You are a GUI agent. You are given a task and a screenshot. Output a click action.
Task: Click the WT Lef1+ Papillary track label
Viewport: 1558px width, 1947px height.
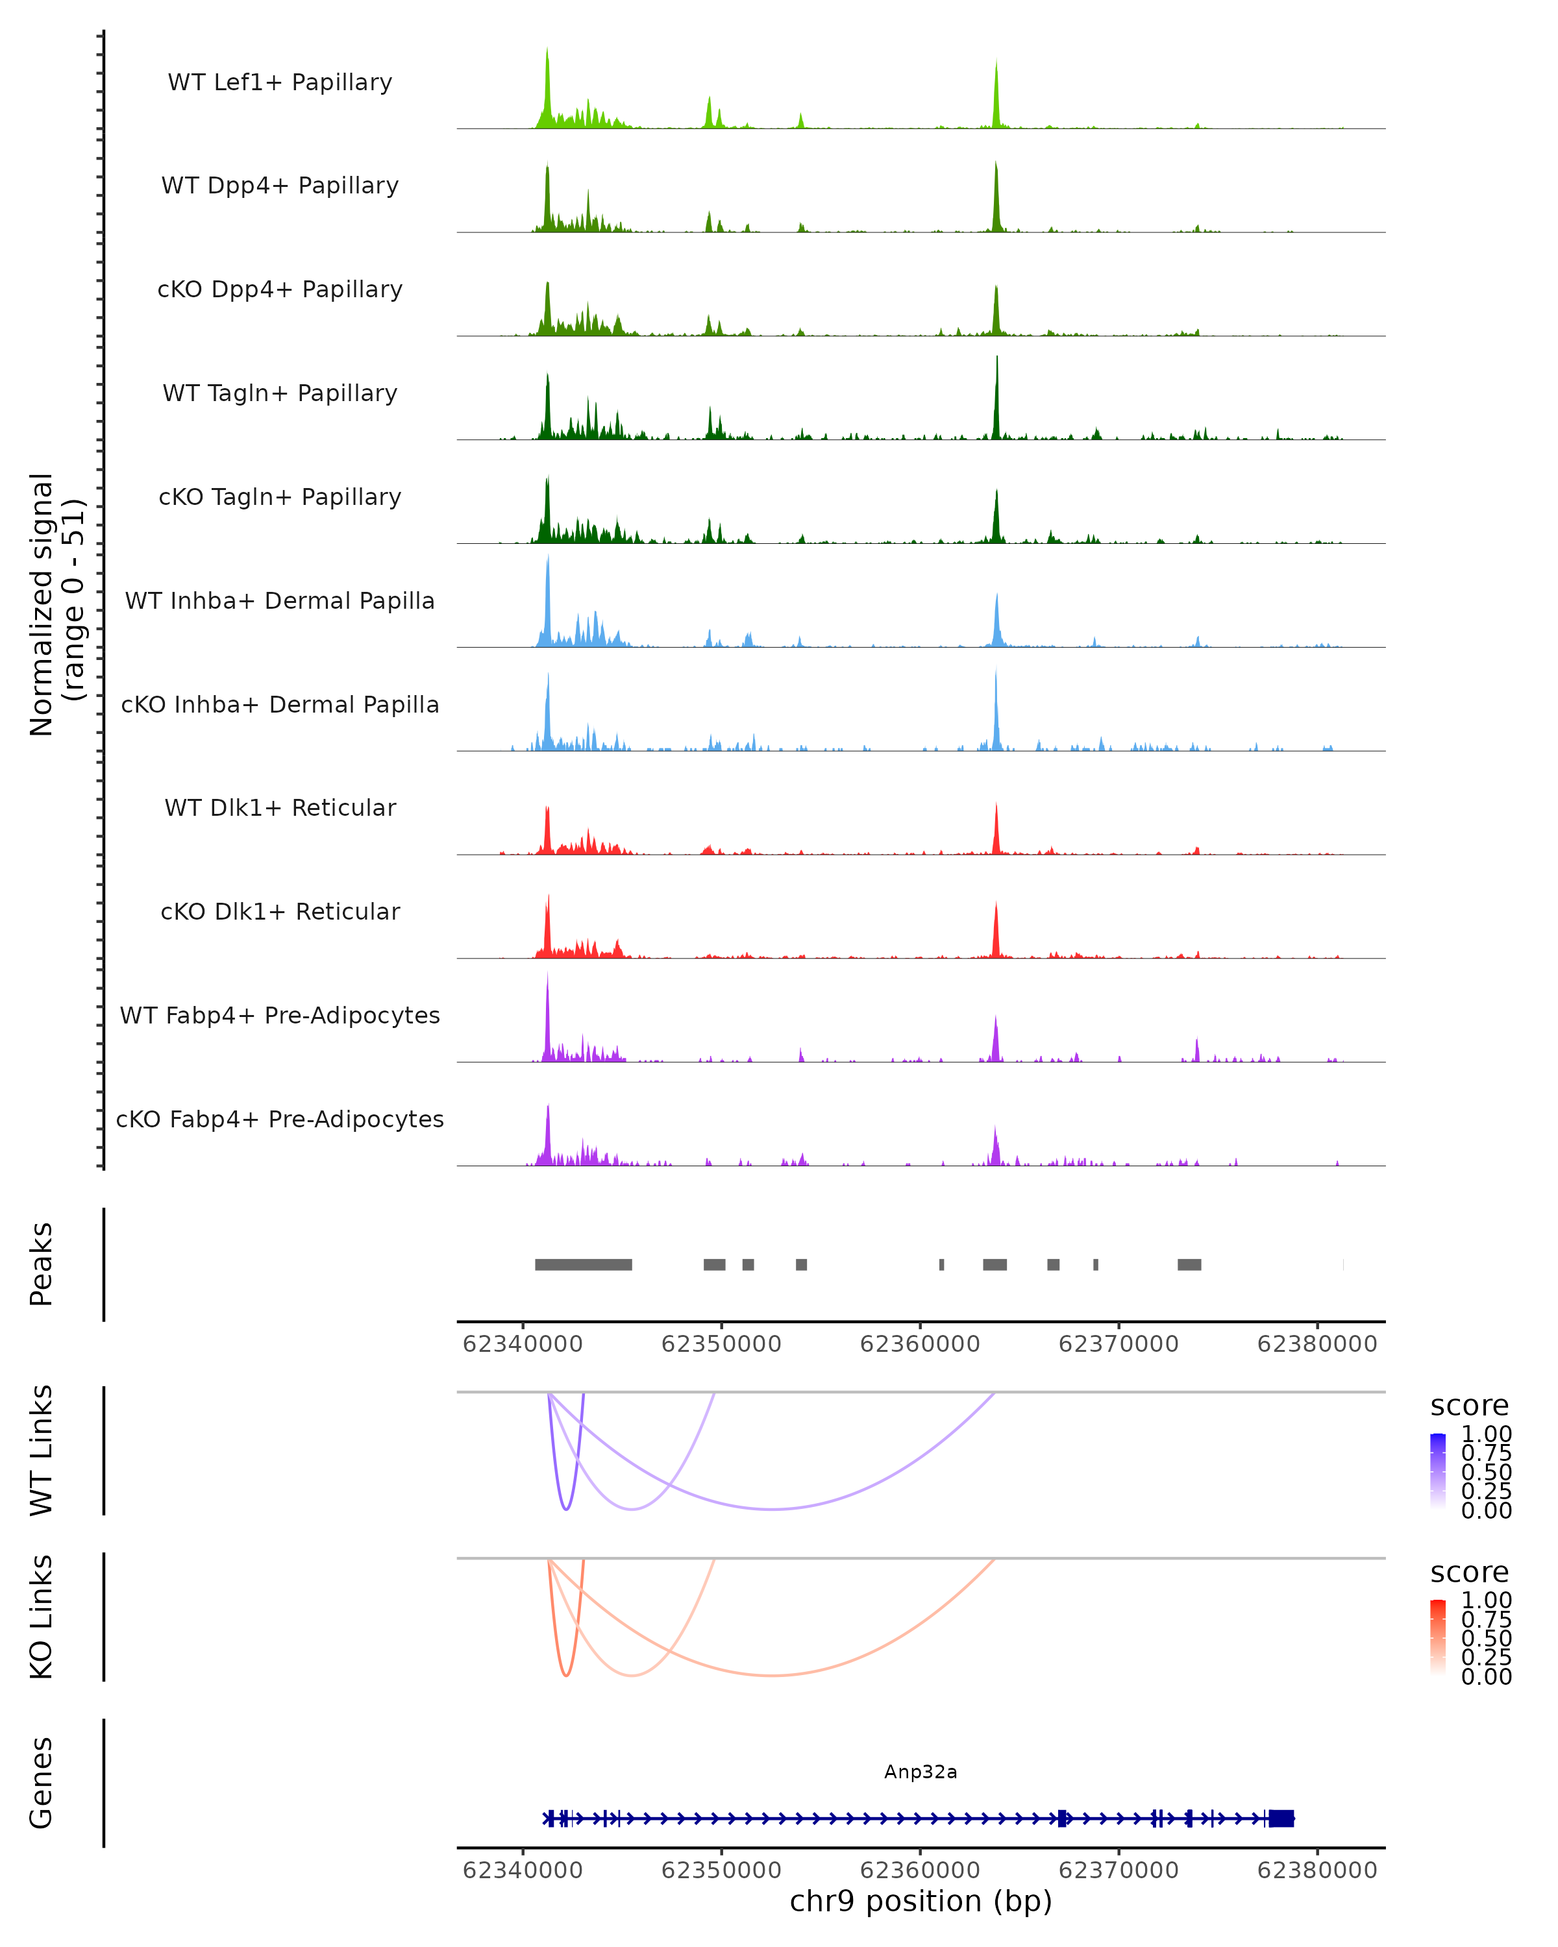click(280, 82)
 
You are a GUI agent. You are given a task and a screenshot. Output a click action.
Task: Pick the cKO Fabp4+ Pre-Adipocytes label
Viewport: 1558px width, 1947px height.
click(280, 1119)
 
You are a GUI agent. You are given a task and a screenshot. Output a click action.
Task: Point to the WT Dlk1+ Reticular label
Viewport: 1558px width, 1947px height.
click(280, 807)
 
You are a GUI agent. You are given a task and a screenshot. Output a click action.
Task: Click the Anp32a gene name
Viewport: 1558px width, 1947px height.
click(921, 1772)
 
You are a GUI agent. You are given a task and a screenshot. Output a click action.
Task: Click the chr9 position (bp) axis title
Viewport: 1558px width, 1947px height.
click(921, 1901)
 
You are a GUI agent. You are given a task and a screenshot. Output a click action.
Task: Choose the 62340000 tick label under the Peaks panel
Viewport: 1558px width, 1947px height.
click(522, 1344)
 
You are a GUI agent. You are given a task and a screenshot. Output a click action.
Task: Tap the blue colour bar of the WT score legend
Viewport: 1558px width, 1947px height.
click(1438, 1470)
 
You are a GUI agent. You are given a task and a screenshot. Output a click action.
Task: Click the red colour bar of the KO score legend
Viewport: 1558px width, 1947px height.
click(1438, 1636)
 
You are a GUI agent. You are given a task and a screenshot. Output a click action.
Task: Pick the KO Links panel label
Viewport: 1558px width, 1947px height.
click(42, 1617)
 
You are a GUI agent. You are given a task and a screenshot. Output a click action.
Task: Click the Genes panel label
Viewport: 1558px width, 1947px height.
click(42, 1783)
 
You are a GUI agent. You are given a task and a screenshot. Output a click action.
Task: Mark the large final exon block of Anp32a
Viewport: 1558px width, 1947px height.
click(1281, 1818)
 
